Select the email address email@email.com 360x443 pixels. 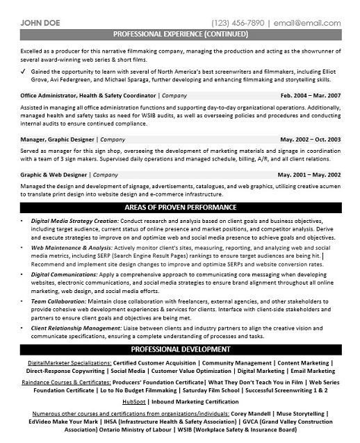(x=311, y=22)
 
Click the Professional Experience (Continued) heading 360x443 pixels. (x=180, y=33)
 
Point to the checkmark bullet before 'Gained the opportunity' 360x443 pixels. (x=24, y=71)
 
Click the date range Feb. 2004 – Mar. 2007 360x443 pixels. (x=310, y=94)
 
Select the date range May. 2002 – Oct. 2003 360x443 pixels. (x=309, y=140)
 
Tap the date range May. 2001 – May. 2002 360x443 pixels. (x=309, y=175)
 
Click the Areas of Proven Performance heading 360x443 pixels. (x=180, y=208)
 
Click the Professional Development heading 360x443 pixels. (x=180, y=349)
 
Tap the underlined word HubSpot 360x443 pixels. (x=134, y=401)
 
